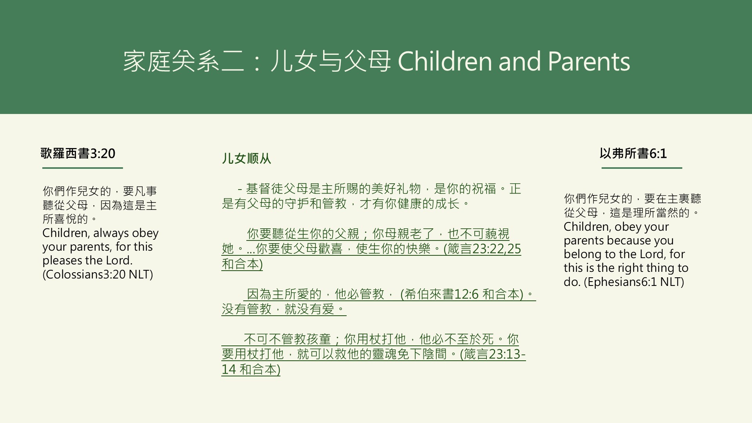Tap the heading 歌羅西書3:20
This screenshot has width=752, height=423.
click(x=78, y=154)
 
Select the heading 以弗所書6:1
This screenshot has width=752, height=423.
click(x=633, y=154)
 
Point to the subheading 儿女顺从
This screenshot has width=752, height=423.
click(x=246, y=159)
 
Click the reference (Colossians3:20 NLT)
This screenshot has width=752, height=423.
click(x=98, y=274)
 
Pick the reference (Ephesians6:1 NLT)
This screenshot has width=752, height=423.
click(x=634, y=282)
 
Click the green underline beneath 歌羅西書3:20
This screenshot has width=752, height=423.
click(x=82, y=168)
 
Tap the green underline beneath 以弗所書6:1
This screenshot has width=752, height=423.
click(x=642, y=168)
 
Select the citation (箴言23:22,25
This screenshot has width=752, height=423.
click(x=482, y=249)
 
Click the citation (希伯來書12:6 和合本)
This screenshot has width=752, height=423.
click(x=462, y=294)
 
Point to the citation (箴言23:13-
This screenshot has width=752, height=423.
click(x=493, y=354)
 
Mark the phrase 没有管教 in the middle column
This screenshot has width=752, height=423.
click(x=246, y=309)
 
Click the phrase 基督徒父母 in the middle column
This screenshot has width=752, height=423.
click(x=277, y=189)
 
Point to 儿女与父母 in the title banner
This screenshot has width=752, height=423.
click(x=330, y=62)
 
